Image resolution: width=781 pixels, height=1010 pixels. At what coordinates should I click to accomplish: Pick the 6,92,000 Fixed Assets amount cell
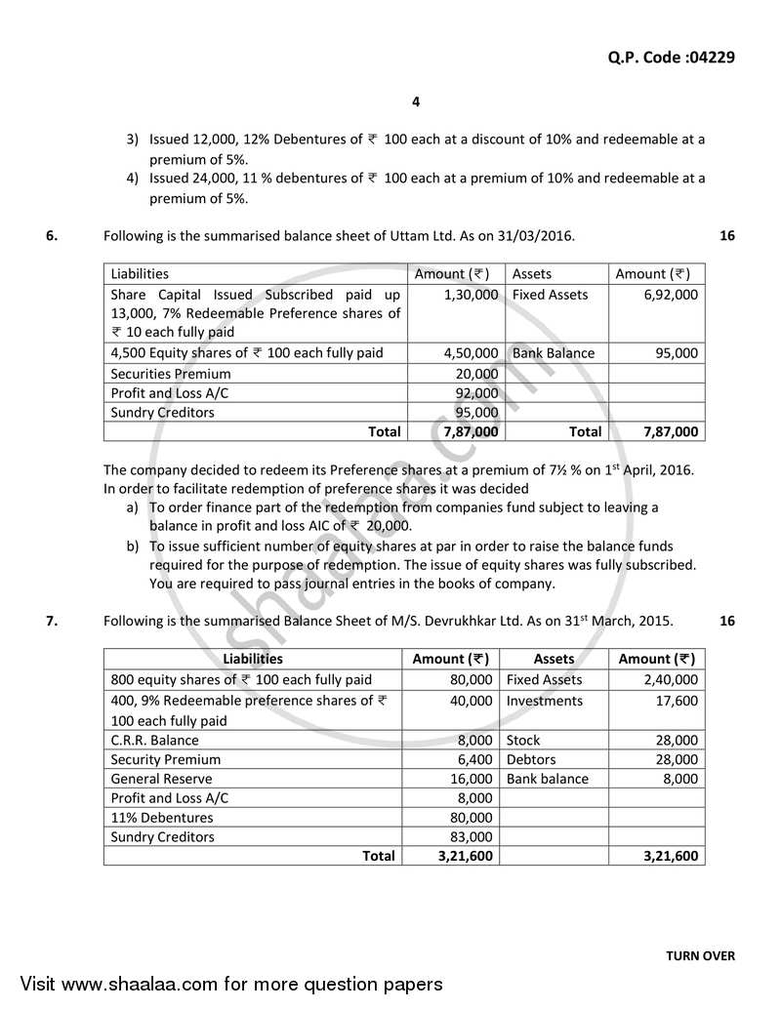pyautogui.click(x=671, y=294)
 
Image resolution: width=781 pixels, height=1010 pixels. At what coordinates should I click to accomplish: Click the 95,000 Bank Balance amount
pyautogui.click(x=678, y=353)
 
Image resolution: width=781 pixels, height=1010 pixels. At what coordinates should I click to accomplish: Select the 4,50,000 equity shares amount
pyautogui.click(x=471, y=353)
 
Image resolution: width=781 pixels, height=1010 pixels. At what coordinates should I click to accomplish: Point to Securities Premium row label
pyautogui.click(x=171, y=373)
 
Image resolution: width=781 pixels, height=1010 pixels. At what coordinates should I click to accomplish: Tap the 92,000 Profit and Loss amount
pyautogui.click(x=476, y=392)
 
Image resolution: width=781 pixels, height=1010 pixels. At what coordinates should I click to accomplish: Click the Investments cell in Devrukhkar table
pyautogui.click(x=544, y=700)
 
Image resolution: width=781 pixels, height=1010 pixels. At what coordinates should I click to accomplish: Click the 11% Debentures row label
pyautogui.click(x=161, y=818)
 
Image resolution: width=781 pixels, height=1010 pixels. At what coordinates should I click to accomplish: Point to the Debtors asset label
pyautogui.click(x=531, y=759)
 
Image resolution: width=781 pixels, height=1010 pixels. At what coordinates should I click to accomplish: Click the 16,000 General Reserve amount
pyautogui.click(x=473, y=779)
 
